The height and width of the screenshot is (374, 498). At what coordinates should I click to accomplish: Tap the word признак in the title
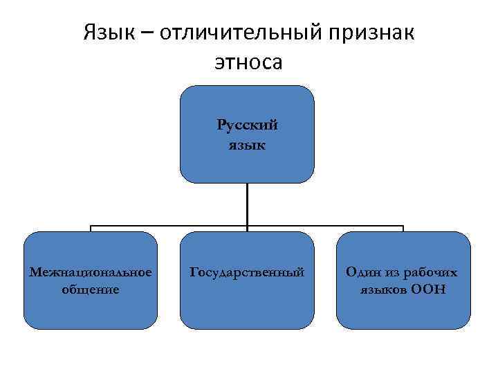click(373, 33)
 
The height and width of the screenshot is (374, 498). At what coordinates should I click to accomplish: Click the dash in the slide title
click(148, 33)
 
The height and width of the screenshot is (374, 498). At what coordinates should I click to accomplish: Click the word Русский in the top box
click(247, 125)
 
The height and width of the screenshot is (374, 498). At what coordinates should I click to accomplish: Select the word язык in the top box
click(247, 145)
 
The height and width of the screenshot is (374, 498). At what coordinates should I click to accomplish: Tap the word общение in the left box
click(91, 288)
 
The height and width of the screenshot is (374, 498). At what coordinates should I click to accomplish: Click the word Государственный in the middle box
click(247, 272)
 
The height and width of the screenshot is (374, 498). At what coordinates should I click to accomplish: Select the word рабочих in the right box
click(431, 272)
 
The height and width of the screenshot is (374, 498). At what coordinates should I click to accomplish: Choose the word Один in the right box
click(362, 272)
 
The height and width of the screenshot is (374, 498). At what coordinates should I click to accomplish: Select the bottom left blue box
click(91, 312)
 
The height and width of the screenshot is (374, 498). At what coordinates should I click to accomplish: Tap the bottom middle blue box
click(247, 312)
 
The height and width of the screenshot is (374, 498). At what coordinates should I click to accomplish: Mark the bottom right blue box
click(403, 312)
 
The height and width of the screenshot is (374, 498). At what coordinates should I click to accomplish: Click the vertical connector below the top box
click(247, 204)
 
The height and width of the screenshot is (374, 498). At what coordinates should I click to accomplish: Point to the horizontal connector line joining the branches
click(169, 226)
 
